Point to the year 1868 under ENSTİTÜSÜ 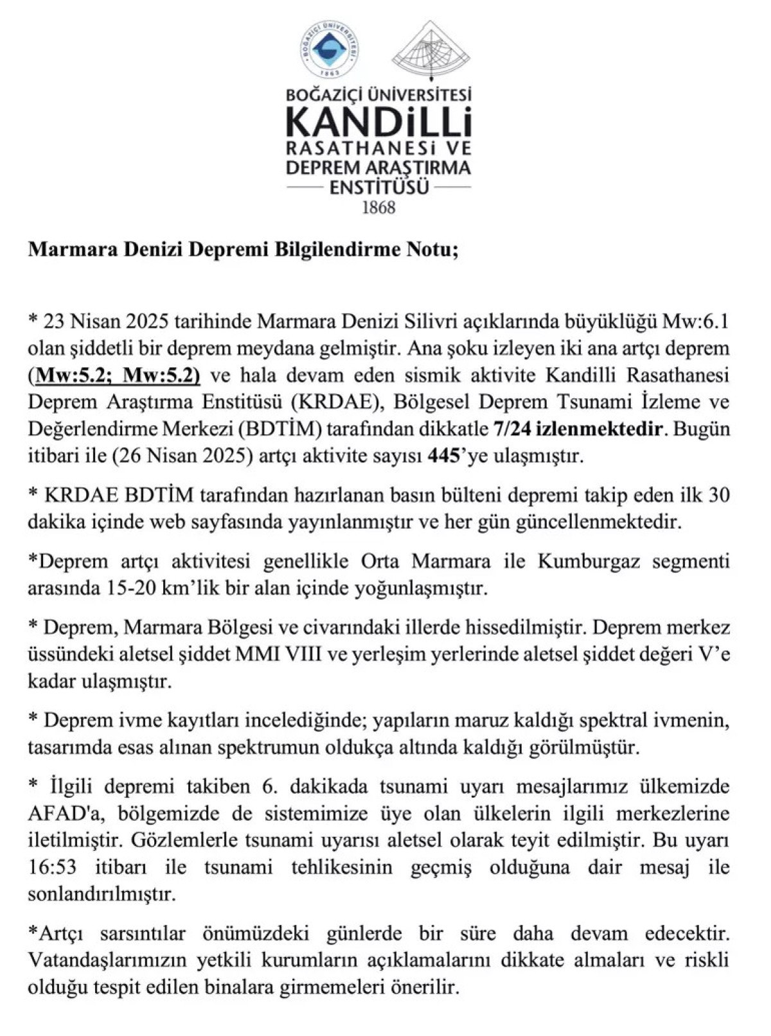point(378,208)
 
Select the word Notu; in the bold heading point(429,250)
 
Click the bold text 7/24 point(512,429)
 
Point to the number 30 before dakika point(718,496)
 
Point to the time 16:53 point(53,868)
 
